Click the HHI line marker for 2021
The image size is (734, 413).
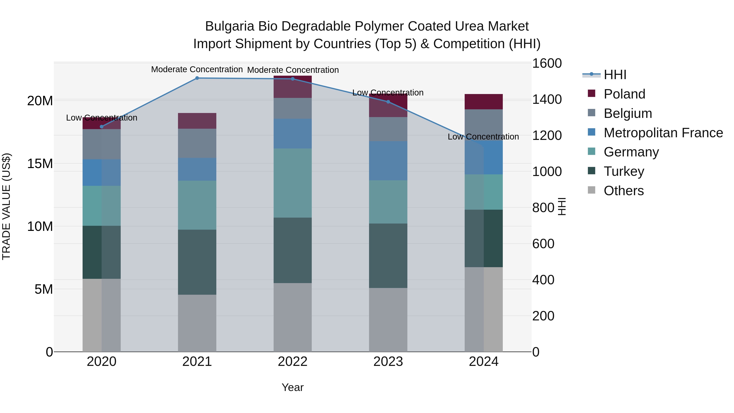197,78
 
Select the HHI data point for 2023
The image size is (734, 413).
388,102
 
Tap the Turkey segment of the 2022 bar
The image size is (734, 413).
292,250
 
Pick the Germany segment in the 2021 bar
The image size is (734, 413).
197,205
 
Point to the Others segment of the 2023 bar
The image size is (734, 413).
388,320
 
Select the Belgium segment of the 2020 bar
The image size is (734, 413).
102,144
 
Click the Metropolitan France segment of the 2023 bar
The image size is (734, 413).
388,161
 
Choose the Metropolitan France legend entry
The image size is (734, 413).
663,133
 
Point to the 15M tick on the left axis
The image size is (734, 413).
40,164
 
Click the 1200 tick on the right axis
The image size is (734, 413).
546,135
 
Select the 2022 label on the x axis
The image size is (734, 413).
292,362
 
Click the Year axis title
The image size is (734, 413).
292,387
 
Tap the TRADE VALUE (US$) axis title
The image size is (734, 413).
6,206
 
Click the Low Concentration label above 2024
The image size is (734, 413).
483,137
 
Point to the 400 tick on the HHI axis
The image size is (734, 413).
543,280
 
